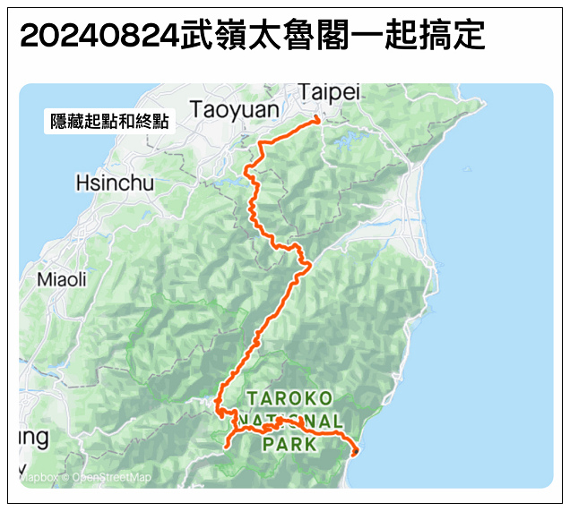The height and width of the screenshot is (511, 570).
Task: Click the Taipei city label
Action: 329,92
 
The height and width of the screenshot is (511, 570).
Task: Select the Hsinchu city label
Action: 115,183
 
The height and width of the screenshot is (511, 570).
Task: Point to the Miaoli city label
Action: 62,279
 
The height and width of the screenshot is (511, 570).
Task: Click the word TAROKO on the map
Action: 289,397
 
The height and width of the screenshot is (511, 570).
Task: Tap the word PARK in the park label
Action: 289,443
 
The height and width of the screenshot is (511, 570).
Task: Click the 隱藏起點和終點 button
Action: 109,122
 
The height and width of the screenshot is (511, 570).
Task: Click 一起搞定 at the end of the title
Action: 427,37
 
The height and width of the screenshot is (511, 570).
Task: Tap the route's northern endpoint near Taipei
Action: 317,119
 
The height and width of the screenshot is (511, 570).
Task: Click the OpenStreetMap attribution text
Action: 111,478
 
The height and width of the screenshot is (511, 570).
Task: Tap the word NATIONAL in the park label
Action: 289,421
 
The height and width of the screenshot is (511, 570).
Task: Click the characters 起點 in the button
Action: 99,122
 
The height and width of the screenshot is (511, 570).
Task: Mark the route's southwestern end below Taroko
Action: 227,446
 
